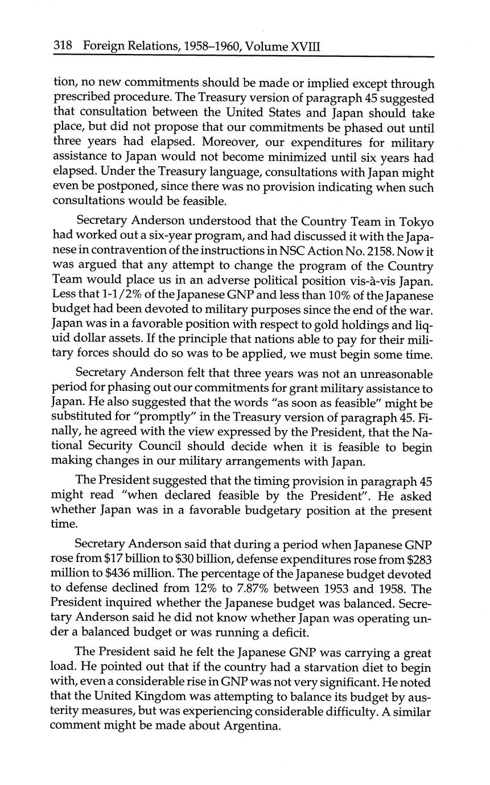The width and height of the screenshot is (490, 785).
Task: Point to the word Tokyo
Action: click(416, 221)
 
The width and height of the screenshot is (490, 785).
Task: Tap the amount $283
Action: click(419, 560)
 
